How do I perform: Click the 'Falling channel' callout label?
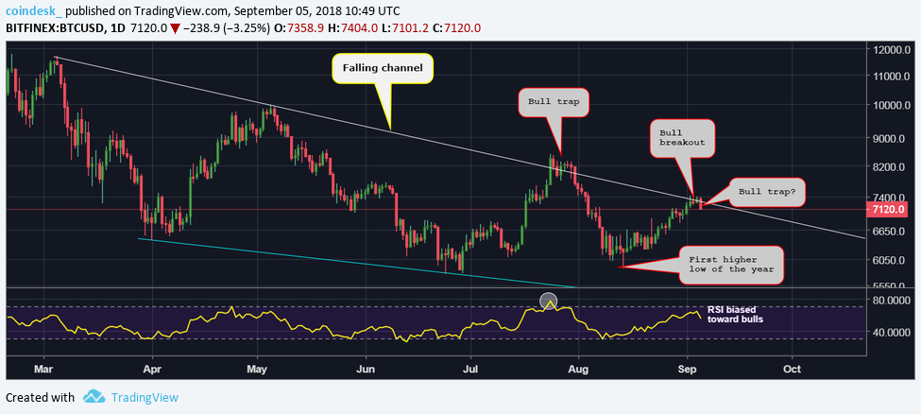(382, 69)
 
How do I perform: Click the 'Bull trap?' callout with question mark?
(766, 191)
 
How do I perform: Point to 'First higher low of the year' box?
(731, 264)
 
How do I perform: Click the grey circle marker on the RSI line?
(549, 302)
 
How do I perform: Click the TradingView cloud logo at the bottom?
(94, 397)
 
